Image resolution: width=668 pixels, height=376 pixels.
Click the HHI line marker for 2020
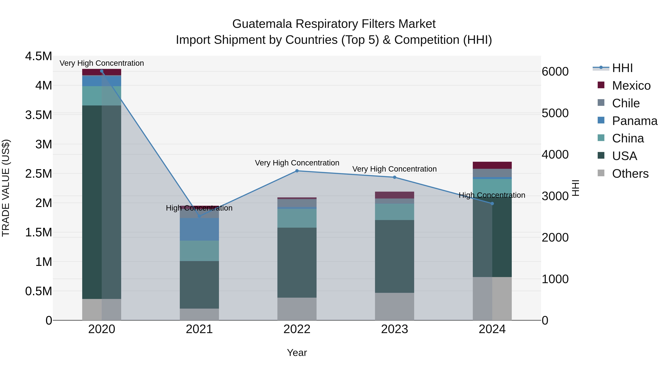tap(102, 71)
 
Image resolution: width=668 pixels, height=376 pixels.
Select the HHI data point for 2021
tap(199, 216)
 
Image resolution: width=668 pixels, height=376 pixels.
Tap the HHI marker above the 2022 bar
tap(297, 171)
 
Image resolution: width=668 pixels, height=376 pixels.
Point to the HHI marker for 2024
tap(492, 204)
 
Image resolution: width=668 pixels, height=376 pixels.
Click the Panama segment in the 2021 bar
tap(199, 229)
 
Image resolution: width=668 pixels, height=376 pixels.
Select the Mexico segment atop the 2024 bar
tap(492, 165)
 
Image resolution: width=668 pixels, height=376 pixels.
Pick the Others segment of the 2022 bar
tap(297, 309)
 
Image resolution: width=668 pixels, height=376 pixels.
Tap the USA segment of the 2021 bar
tap(199, 285)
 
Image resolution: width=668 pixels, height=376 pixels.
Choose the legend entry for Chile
tap(626, 103)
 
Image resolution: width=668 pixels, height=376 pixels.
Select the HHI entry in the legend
tap(622, 68)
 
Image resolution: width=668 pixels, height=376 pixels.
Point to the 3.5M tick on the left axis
tap(39, 115)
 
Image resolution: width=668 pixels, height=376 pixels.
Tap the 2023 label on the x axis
tap(394, 329)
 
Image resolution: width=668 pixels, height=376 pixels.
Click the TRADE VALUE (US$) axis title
tap(6, 188)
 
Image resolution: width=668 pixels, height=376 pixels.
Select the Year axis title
tap(297, 353)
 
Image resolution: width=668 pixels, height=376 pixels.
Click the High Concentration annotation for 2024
tap(492, 195)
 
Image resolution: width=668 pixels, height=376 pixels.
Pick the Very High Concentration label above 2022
tap(297, 163)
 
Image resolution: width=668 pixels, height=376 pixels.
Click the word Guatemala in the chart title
tap(262, 24)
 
